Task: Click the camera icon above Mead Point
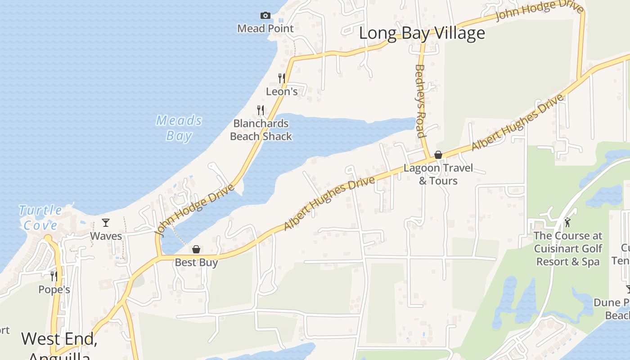point(265,16)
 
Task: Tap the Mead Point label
point(265,28)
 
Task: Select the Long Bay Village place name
point(422,33)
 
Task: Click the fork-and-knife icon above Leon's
point(282,78)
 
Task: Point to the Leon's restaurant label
point(282,91)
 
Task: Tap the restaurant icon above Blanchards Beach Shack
point(260,110)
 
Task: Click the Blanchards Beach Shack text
point(261,130)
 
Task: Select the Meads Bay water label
point(179,128)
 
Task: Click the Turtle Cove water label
point(40,217)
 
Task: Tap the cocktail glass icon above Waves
point(106,223)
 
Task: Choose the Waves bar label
point(106,236)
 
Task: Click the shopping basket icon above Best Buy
point(196,249)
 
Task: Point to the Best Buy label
point(196,262)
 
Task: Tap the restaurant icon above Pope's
point(54,276)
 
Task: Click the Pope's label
point(54,289)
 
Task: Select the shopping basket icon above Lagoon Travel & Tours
point(438,155)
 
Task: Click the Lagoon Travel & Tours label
point(438,174)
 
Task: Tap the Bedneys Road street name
point(420,101)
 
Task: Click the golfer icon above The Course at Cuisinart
point(567,222)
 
